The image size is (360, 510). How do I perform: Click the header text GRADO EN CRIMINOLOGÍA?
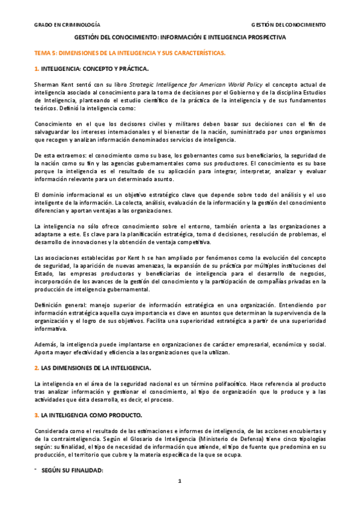(x=67, y=25)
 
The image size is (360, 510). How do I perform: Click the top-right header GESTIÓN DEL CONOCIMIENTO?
(x=288, y=25)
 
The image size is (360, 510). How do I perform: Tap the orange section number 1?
(x=36, y=69)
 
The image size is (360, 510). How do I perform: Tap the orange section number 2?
(x=36, y=367)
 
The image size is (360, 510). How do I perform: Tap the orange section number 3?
(x=36, y=415)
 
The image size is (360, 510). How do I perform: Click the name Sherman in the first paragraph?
(x=46, y=84)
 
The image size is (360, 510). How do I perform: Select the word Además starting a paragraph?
(x=46, y=343)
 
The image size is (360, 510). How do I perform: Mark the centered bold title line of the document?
(x=180, y=37)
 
